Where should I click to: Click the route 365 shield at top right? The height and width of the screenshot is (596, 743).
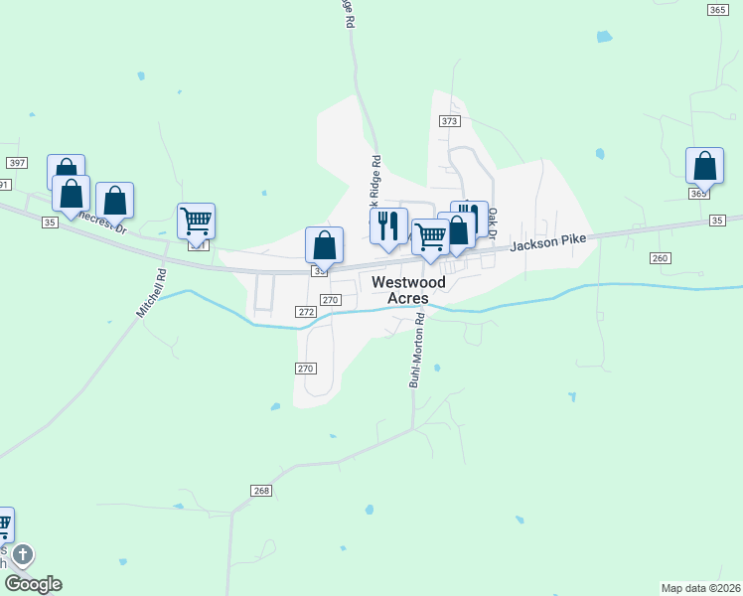717,9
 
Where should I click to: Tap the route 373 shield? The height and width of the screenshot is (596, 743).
449,120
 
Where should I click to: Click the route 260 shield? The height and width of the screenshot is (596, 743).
661,258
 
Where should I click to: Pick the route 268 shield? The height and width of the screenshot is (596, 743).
261,491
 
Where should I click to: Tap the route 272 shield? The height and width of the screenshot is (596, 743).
306,312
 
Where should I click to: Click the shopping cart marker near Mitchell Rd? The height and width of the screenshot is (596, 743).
197,221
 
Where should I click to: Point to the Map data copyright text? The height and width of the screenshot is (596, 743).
700,587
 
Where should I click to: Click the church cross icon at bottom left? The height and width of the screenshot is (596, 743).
22,554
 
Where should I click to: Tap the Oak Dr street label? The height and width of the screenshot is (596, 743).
492,223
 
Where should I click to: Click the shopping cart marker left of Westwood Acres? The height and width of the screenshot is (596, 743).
430,236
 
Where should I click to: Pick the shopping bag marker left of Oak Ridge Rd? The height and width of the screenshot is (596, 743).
324,244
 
